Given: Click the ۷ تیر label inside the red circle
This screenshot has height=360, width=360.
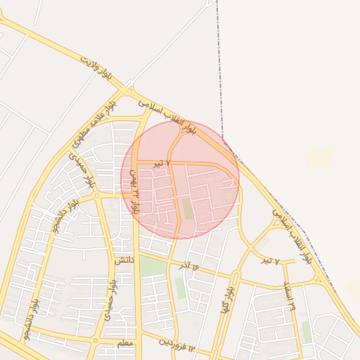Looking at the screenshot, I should click(162, 163).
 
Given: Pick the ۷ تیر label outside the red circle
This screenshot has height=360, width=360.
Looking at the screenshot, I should click(270, 261).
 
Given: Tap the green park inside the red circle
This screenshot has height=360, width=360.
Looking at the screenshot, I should click(186, 208).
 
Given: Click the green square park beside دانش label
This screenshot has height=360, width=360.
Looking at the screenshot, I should click(152, 266).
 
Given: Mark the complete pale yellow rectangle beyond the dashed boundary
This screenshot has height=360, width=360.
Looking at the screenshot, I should click(320, 158).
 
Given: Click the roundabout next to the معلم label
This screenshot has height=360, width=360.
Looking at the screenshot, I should click(95, 340).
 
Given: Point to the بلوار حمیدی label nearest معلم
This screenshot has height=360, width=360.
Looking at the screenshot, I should click(110, 301).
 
